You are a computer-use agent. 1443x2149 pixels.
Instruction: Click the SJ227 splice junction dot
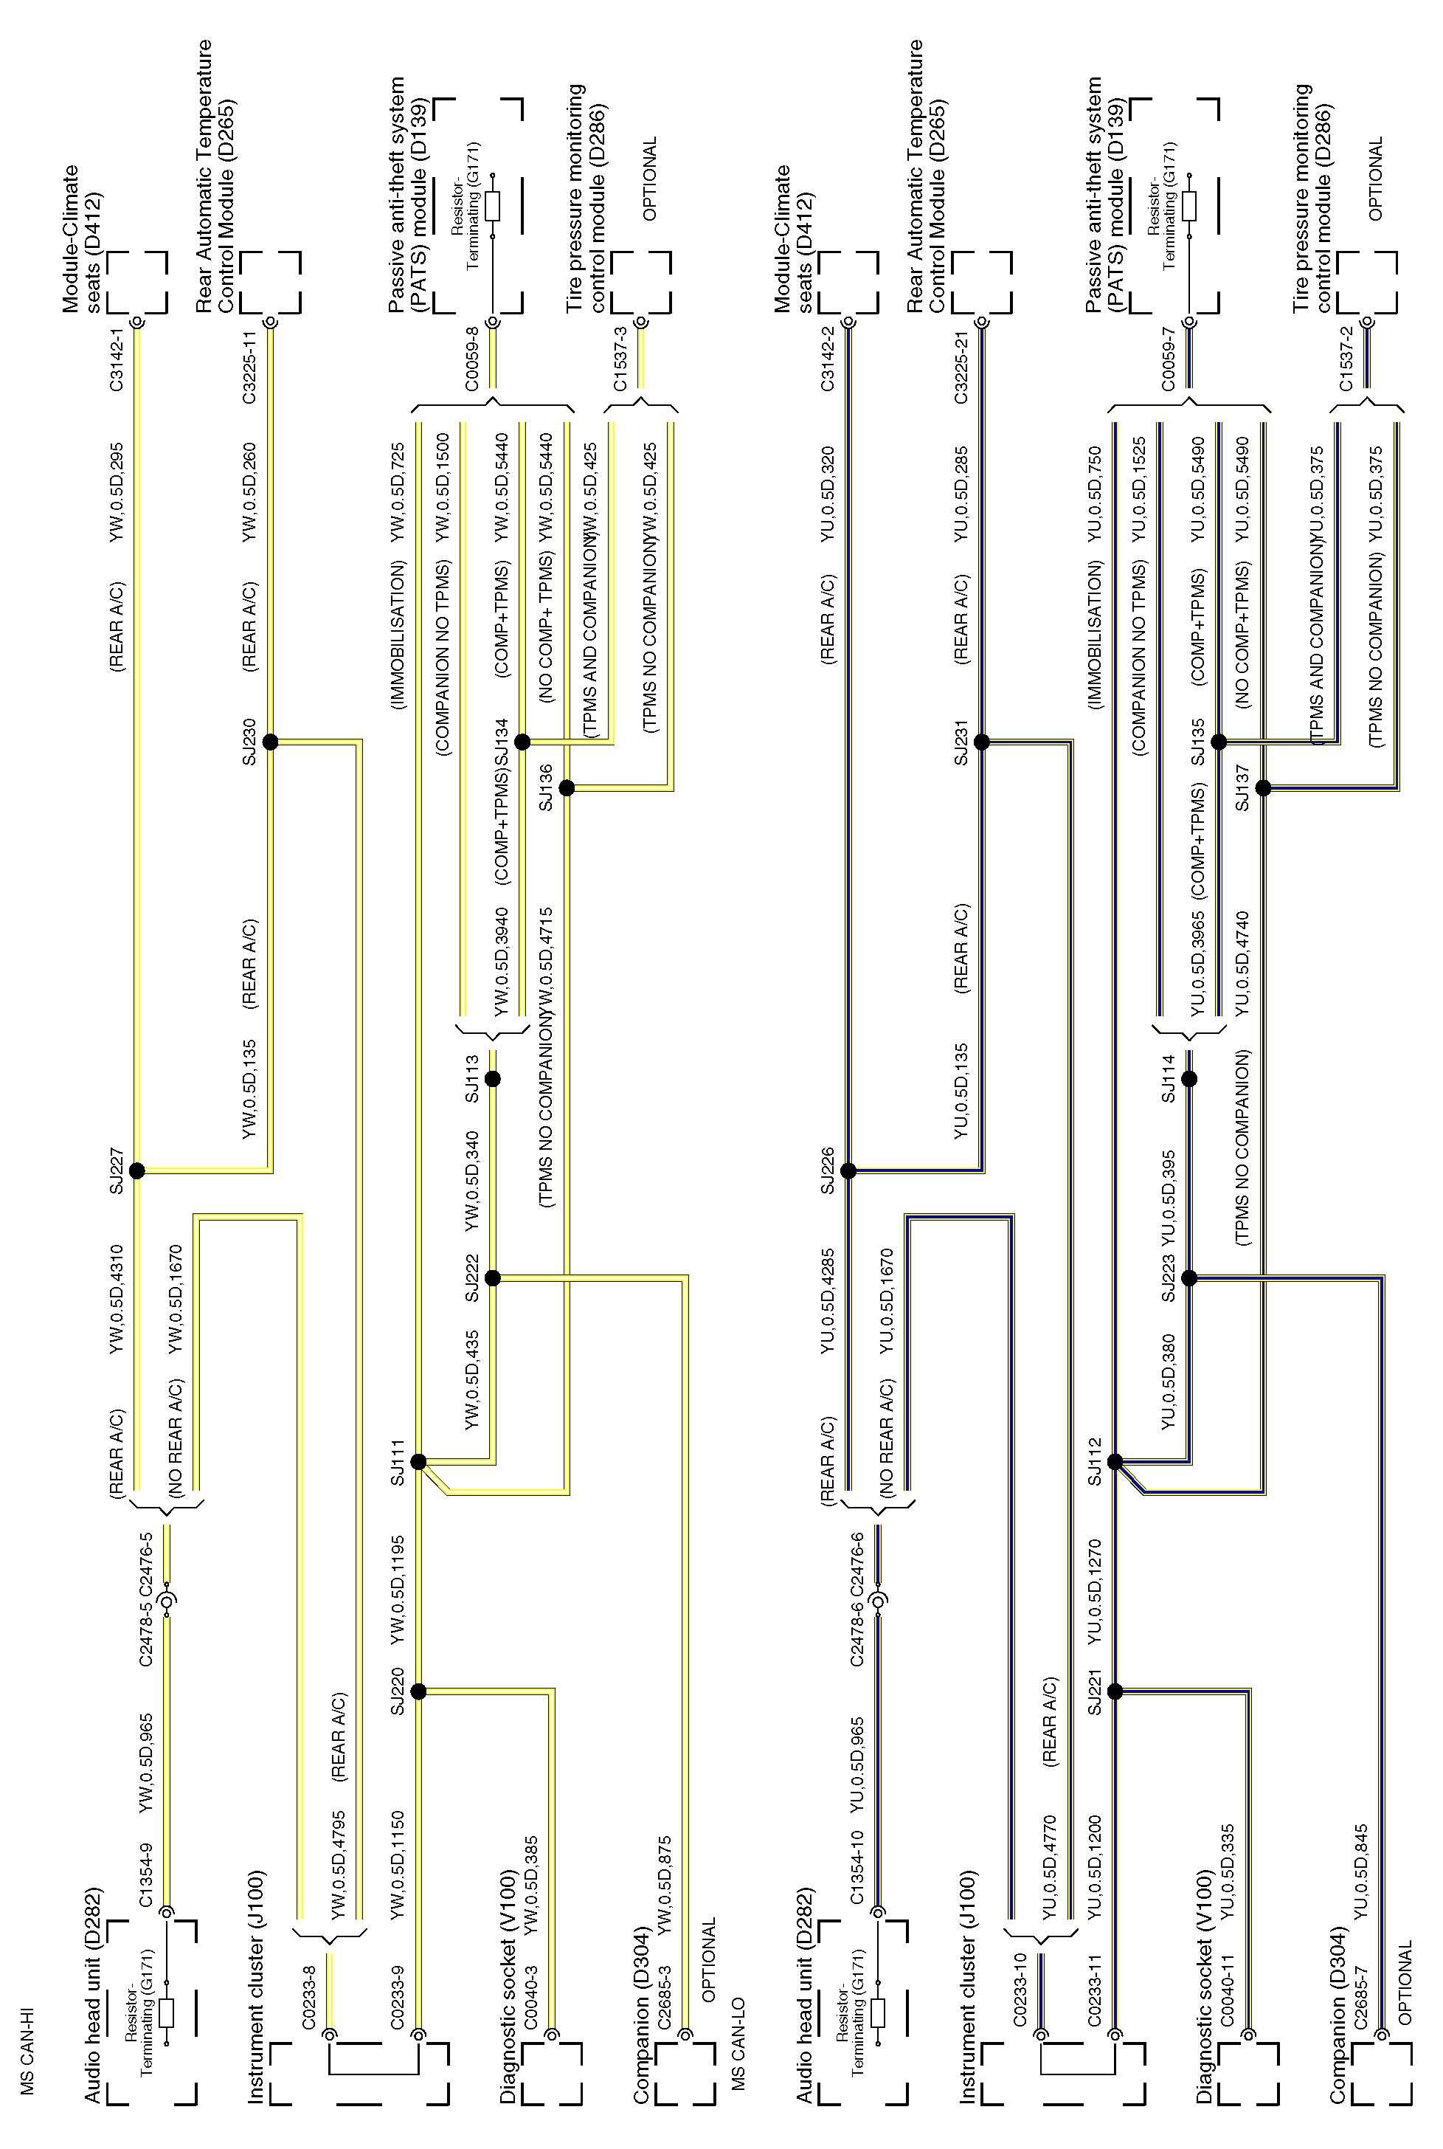tap(137, 1170)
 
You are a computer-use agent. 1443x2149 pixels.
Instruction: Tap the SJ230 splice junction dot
tap(270, 742)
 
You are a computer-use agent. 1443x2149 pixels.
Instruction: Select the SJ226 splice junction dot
tap(848, 1170)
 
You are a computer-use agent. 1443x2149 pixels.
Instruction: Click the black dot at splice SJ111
tap(418, 1461)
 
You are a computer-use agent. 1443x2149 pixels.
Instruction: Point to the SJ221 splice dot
tap(1115, 1691)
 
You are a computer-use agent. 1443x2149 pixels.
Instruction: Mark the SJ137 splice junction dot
tap(1264, 788)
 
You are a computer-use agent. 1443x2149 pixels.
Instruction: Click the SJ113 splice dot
tap(492, 1079)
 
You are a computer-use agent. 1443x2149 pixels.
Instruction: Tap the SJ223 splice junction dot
tap(1189, 1277)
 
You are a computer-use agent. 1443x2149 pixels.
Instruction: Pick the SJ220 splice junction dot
tap(418, 1691)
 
